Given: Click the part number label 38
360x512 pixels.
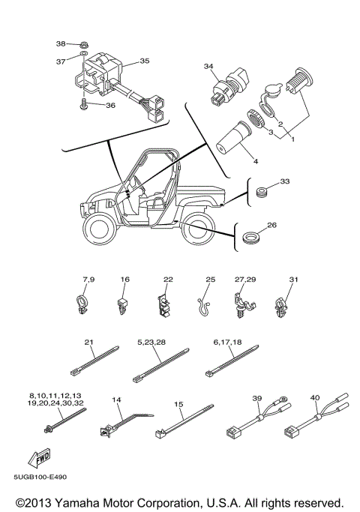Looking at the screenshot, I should (x=61, y=43).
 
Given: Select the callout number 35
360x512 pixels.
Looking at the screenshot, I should (x=144, y=61).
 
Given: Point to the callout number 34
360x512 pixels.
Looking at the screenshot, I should (x=208, y=67).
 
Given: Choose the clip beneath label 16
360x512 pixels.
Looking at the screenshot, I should (x=124, y=304).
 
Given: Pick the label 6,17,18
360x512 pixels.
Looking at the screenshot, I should (x=226, y=342).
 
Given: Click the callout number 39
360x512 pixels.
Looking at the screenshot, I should (x=256, y=398).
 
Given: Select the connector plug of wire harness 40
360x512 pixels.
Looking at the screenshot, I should (x=289, y=432).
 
